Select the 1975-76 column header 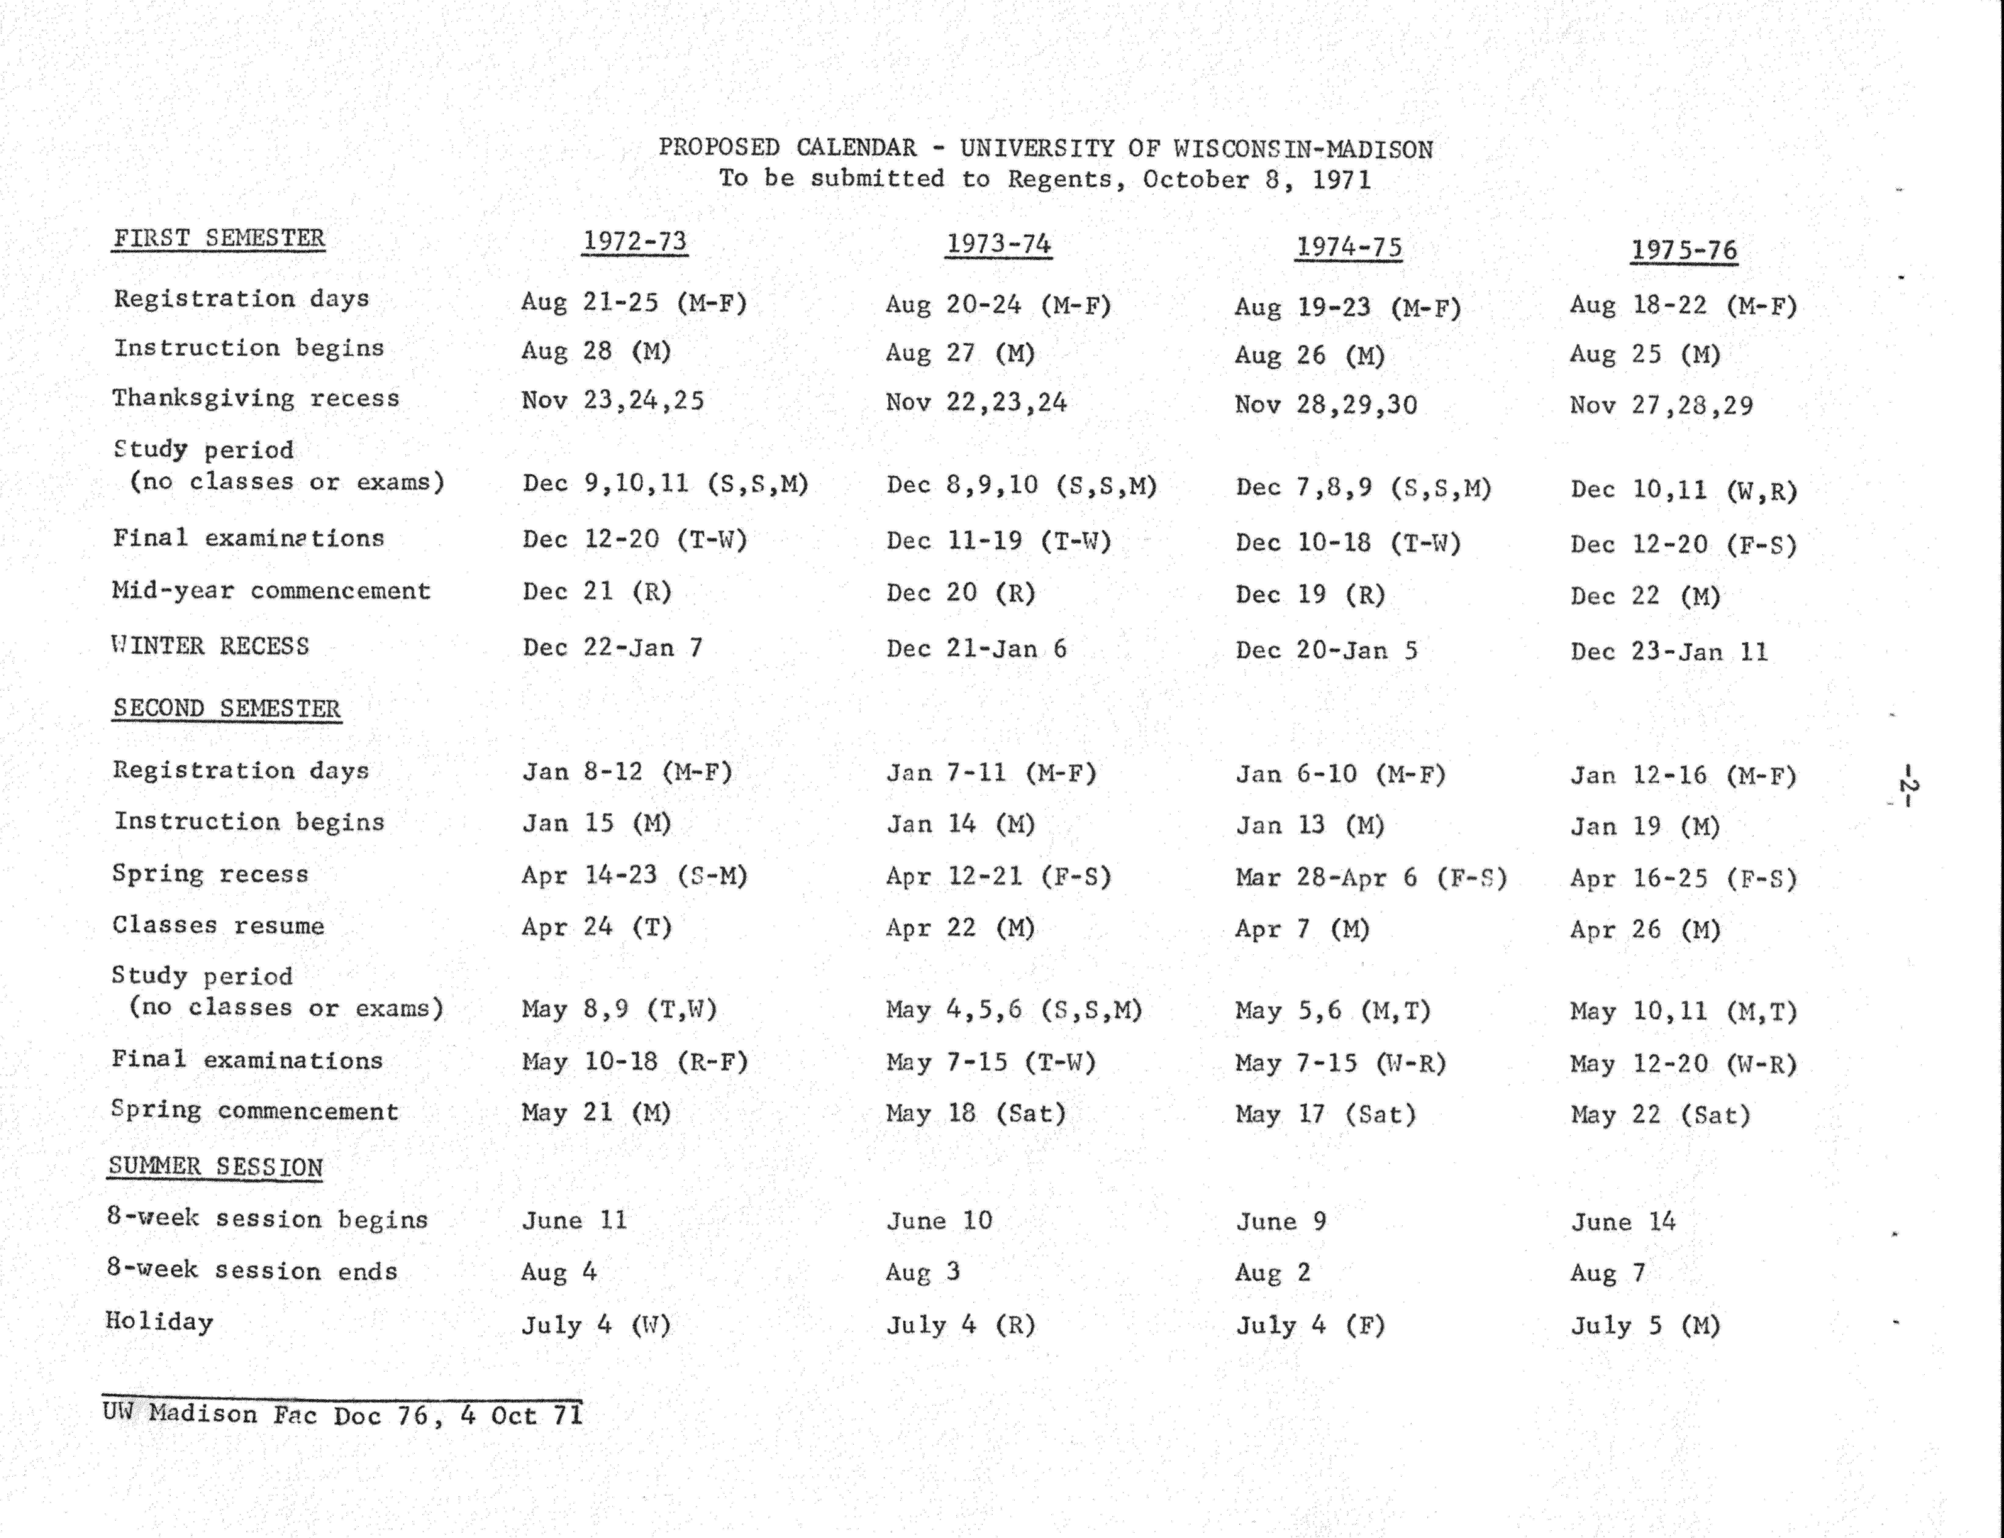tap(1684, 250)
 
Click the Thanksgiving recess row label tap(255, 398)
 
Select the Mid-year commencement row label tap(271, 590)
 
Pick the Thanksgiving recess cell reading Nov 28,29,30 tap(1326, 405)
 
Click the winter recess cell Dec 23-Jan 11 tap(1669, 652)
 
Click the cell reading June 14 tap(1623, 1221)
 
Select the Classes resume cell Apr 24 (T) tap(597, 927)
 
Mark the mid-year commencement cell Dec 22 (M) tap(1645, 596)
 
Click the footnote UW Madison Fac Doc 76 tap(265, 1414)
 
